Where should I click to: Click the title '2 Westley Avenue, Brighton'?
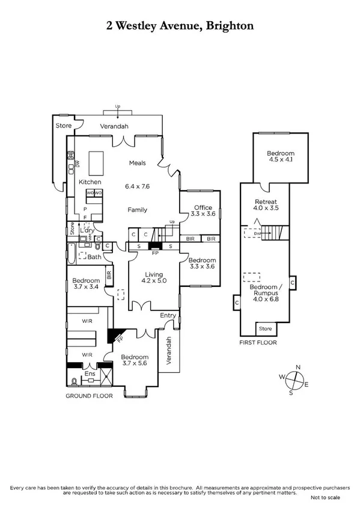point(180,26)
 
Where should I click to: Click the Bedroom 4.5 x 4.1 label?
point(281,158)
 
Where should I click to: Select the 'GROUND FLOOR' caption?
point(88,396)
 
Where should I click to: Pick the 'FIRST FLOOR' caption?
point(257,343)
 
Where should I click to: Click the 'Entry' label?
point(168,315)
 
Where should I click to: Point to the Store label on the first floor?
point(264,329)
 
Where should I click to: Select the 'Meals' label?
point(138,162)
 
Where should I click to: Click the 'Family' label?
point(138,209)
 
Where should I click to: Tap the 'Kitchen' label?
point(90,182)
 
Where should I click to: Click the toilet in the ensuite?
point(74,381)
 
